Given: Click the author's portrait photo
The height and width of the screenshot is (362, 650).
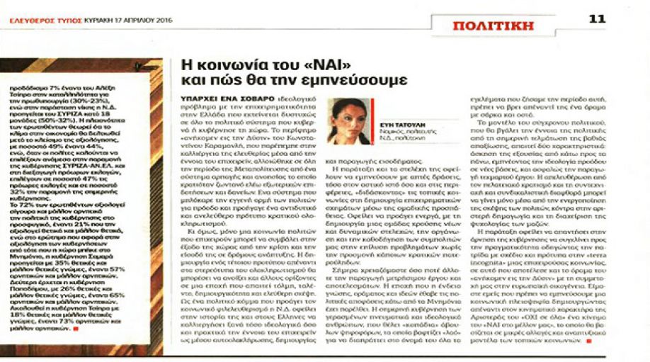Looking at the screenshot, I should [343, 122].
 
